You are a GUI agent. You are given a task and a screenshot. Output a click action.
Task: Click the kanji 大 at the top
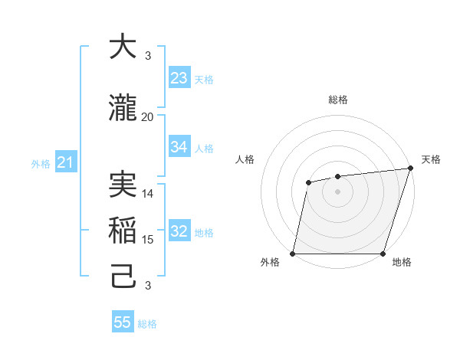click(123, 47)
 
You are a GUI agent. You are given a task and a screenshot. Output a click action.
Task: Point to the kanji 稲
click(123, 231)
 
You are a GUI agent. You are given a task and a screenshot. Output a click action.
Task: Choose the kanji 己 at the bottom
click(123, 277)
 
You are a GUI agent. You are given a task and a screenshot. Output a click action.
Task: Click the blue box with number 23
click(179, 78)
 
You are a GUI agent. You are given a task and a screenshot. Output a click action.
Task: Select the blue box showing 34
click(179, 147)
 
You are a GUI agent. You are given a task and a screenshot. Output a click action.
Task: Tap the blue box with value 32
click(179, 231)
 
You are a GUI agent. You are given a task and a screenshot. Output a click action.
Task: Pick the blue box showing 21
click(65, 162)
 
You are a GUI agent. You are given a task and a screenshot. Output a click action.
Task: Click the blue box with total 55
click(123, 322)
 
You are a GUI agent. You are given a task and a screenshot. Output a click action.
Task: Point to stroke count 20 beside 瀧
click(147, 117)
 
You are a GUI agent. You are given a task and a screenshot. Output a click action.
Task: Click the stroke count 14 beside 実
click(148, 194)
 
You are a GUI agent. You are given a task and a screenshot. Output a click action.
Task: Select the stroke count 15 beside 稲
click(148, 240)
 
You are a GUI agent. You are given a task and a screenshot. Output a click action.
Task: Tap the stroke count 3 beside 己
click(148, 286)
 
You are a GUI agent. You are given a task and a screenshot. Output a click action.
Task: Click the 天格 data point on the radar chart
click(410, 169)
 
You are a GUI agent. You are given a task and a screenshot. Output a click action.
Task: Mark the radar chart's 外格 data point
click(293, 254)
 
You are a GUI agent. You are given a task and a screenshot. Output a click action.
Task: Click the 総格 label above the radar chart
click(338, 100)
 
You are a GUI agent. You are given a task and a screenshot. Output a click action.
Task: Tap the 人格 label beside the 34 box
click(205, 148)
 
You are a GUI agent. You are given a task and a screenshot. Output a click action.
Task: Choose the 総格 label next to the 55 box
click(147, 324)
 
